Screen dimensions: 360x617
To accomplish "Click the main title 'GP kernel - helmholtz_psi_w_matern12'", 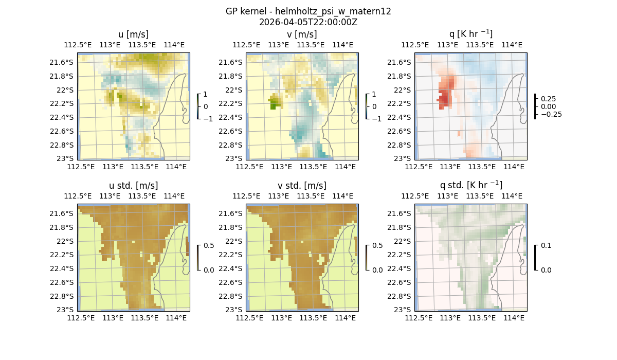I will [x=308, y=11].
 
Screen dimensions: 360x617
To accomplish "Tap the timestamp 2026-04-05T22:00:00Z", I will [x=308, y=22].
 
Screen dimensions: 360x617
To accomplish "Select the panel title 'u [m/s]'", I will [x=133, y=34].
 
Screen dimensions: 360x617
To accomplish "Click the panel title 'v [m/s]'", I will [x=302, y=34].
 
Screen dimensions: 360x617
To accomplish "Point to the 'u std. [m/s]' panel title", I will [x=133, y=186].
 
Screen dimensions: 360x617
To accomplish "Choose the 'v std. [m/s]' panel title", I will [x=302, y=186].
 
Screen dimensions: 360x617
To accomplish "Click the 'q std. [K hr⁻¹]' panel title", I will [x=470, y=185].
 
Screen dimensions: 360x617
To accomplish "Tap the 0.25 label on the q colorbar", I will [x=549, y=99].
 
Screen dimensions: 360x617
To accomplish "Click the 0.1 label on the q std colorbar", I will [x=546, y=246].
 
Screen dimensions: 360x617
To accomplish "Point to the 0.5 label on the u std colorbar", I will [x=208, y=246].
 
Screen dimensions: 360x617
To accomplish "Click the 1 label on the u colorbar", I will [x=206, y=95].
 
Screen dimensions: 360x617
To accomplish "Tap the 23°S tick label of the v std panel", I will [x=233, y=310].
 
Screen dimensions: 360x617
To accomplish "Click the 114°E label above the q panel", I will [x=512, y=45].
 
